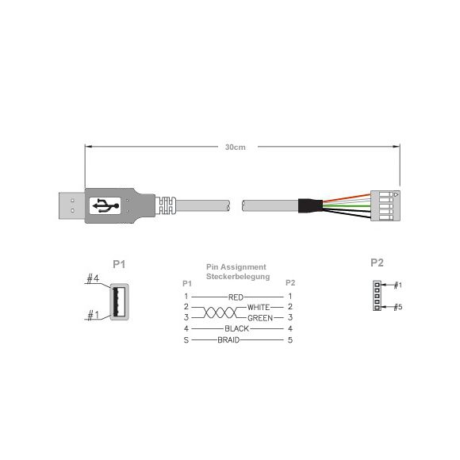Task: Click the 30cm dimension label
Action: coord(236,147)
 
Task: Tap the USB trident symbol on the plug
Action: coord(106,205)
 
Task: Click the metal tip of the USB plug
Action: coord(72,205)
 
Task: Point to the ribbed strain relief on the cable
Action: coord(167,205)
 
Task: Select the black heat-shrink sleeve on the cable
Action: coord(311,205)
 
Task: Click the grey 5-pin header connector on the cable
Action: coord(385,205)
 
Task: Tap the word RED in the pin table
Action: coord(236,297)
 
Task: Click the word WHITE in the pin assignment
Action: coord(259,307)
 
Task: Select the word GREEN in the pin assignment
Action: coord(260,318)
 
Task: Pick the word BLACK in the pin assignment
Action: coord(237,328)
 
